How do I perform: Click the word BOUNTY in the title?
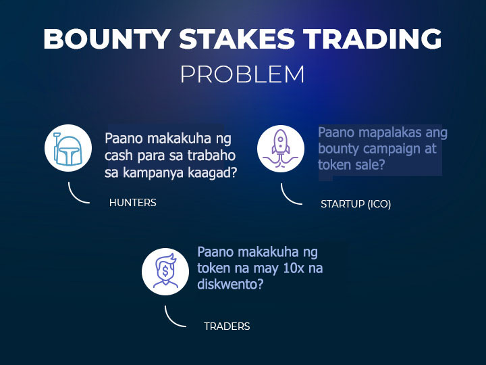click(x=107, y=39)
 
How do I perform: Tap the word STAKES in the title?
click(x=237, y=39)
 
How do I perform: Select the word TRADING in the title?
click(x=373, y=39)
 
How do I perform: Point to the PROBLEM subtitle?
click(x=243, y=74)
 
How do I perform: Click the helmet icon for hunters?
click(x=68, y=148)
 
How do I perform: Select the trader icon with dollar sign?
click(x=165, y=271)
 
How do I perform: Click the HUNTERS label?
click(x=133, y=203)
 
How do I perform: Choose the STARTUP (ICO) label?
click(x=356, y=204)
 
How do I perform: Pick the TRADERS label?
click(x=227, y=326)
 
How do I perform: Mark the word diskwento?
click(x=230, y=285)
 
